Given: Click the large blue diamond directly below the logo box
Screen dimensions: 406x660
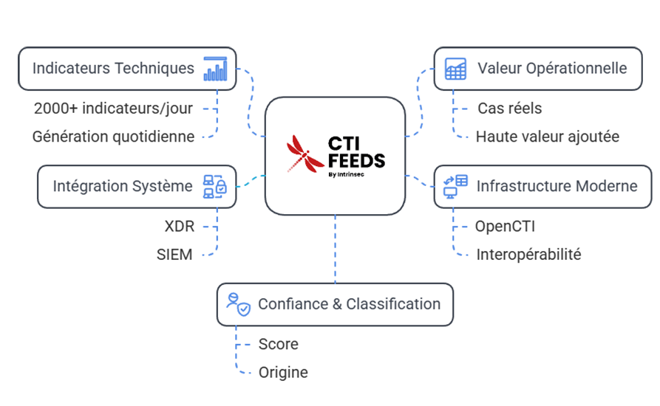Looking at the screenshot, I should coord(335,249).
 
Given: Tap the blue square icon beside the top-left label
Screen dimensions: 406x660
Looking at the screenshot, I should coord(218,69).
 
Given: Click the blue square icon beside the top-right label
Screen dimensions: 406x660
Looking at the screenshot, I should coord(451,69).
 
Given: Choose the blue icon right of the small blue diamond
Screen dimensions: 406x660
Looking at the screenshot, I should coord(452,185).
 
